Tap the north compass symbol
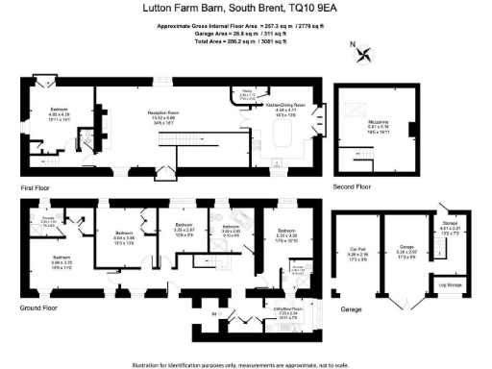360,51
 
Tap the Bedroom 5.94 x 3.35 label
61,258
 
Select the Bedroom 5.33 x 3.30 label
287,234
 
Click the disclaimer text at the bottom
246,364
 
